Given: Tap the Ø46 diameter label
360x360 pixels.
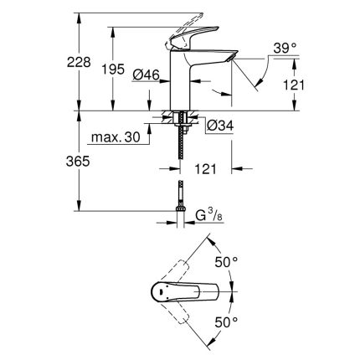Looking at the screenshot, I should click(147, 75).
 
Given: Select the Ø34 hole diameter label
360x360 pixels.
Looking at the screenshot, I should click(219, 126).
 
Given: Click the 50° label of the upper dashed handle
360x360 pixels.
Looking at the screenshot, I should click(227, 261).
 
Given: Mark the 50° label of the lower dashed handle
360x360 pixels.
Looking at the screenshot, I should click(227, 321).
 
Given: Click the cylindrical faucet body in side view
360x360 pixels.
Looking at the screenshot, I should click(181, 84).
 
